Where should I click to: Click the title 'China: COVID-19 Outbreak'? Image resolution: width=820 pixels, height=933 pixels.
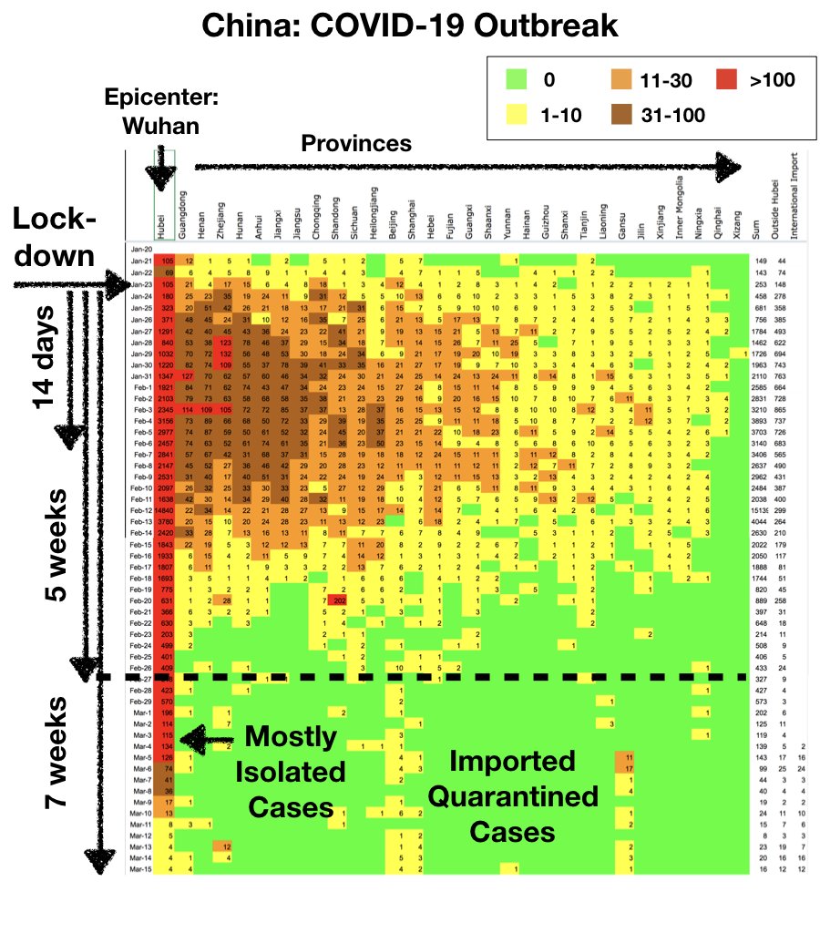[x=409, y=26]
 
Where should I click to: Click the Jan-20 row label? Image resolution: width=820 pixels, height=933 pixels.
[x=139, y=249]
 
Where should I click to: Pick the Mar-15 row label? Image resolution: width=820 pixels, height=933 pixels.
[x=139, y=869]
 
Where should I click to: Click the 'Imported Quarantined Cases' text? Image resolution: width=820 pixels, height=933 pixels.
[x=514, y=795]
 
